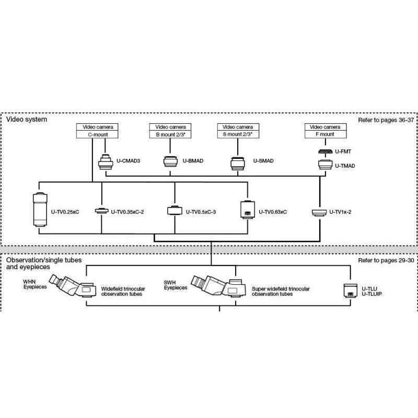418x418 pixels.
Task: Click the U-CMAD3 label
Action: coord(127,161)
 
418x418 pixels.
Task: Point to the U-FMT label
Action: coord(343,152)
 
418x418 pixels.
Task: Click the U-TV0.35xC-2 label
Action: coord(127,212)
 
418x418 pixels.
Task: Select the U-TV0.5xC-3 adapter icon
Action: coord(174,211)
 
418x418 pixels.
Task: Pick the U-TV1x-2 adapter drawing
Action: coord(318,212)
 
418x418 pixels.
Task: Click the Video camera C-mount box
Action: coord(97,131)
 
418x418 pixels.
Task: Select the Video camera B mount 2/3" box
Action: coord(170,131)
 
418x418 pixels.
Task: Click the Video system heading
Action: coord(27,119)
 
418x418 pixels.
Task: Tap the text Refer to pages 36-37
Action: coord(386,120)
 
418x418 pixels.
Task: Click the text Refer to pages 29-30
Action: coord(386,260)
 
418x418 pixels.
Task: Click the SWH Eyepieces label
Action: coord(176,285)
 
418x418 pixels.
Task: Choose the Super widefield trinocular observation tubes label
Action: coord(281,291)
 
